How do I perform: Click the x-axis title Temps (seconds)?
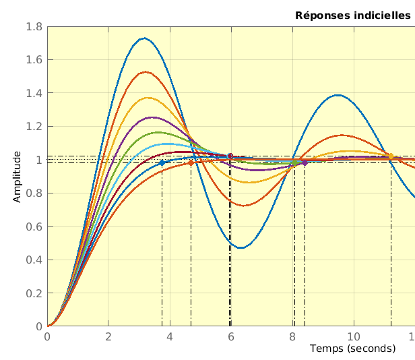click(352, 349)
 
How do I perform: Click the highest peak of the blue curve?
click(144, 38)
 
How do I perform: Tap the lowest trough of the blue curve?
click(241, 248)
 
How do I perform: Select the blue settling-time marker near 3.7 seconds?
click(162, 163)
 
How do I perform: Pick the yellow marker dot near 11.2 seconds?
click(391, 156)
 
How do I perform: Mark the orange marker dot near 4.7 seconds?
click(191, 162)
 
